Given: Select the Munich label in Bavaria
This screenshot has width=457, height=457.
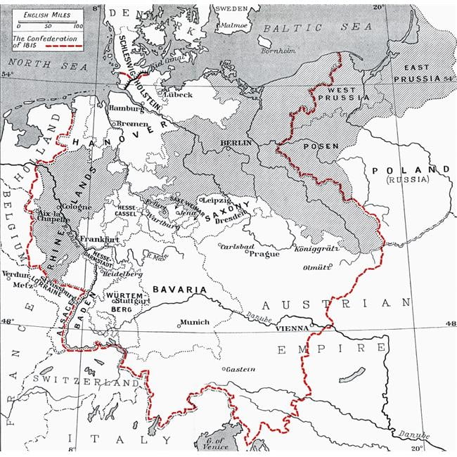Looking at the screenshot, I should (194, 322).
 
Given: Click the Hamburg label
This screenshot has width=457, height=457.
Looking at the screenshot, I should (127, 108).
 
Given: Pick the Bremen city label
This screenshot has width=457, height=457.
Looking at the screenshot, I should (132, 123).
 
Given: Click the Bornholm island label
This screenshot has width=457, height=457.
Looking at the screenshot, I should (278, 51).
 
